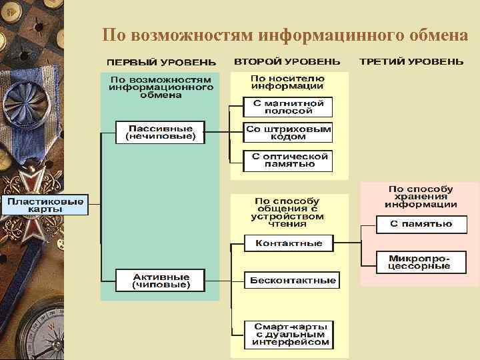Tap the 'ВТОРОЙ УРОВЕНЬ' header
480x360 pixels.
(287, 61)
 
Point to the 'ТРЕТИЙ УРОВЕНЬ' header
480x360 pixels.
(411, 61)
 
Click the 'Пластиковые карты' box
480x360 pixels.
(45, 205)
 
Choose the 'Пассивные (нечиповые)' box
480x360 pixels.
(161, 132)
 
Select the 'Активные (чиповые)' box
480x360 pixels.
(161, 281)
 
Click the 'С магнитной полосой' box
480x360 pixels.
(288, 107)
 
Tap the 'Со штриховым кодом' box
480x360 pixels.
(288, 133)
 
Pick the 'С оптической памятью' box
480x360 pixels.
(288, 160)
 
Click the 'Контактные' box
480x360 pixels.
(288, 243)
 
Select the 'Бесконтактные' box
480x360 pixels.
(292, 281)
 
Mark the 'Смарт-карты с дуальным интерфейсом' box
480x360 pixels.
(290, 335)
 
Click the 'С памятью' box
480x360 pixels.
(421, 224)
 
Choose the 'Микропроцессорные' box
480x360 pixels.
(421, 262)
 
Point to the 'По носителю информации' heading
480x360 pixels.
(287, 82)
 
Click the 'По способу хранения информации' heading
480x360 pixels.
(420, 197)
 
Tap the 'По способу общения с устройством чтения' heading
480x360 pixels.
(287, 213)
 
